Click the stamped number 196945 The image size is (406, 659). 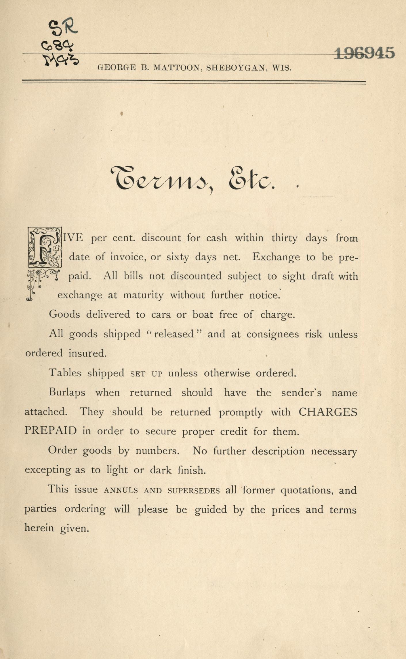364,53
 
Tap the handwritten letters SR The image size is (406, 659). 63,28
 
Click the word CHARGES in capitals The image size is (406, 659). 328,412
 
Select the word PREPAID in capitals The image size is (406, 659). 51,431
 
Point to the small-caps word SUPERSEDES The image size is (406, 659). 194,491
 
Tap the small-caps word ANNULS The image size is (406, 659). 121,491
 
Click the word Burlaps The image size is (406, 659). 67,393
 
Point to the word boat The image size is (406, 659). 203,315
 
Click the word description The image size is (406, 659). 278,451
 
